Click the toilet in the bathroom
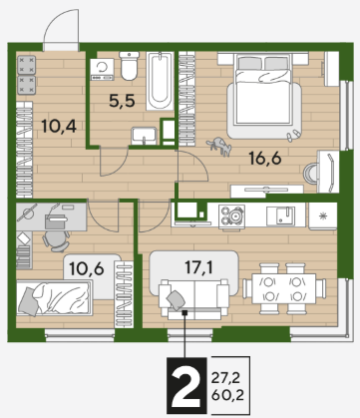point(129,66)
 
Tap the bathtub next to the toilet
point(160,81)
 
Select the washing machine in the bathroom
point(102,69)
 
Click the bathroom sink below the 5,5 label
point(144,136)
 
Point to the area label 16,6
point(265,159)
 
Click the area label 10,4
point(59,126)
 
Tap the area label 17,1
point(199,267)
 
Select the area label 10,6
point(87,268)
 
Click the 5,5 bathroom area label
point(122,101)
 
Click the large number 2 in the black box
point(184,385)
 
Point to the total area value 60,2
point(227,396)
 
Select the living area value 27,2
point(225,378)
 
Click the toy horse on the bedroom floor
point(219,147)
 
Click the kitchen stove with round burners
point(231,216)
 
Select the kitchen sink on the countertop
point(280,216)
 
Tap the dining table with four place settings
point(284,288)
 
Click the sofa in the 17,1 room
point(194,298)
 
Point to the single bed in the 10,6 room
point(55,298)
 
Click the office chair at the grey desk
point(56,240)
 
